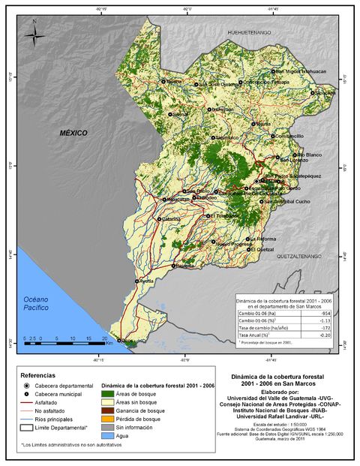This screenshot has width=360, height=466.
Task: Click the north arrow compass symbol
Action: (x=34, y=35)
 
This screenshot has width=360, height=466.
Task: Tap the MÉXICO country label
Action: (x=73, y=133)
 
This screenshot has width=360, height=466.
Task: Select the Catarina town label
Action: (x=172, y=218)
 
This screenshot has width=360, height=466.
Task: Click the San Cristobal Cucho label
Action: (x=286, y=201)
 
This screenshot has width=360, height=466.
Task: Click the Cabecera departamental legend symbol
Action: (x=26, y=385)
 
